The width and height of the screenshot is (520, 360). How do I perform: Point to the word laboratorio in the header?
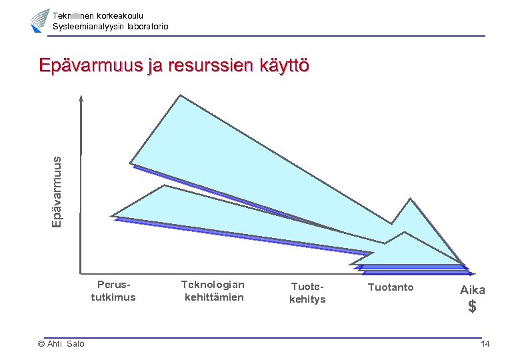pyautogui.click(x=145, y=26)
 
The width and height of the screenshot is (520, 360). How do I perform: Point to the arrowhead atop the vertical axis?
pyautogui.click(x=81, y=99)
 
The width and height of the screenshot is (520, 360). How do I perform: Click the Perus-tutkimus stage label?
pyautogui.click(x=113, y=291)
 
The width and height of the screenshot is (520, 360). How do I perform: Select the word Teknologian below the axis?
pyautogui.click(x=213, y=285)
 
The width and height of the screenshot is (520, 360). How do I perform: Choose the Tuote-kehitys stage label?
pyautogui.click(x=307, y=293)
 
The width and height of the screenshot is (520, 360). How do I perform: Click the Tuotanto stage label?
pyautogui.click(x=391, y=287)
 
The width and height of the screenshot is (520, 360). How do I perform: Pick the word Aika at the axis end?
pyautogui.click(x=472, y=290)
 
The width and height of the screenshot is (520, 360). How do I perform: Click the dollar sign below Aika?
pyautogui.click(x=472, y=307)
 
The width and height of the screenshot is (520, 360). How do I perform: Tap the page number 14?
pyautogui.click(x=485, y=344)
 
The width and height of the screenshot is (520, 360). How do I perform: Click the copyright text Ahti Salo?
pyautogui.click(x=61, y=344)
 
